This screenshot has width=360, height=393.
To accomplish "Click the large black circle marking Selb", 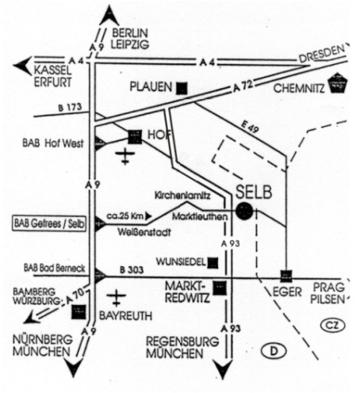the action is [x=244, y=211].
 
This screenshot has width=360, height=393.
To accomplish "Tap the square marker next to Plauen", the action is [x=182, y=88].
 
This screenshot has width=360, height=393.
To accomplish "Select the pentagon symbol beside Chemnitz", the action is [x=338, y=83].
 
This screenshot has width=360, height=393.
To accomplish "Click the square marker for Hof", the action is [x=135, y=137].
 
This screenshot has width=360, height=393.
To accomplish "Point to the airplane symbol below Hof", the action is [x=125, y=156].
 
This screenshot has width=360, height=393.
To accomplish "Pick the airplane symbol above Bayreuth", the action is [x=116, y=297].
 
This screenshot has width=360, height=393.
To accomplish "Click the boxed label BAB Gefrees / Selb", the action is [x=49, y=224].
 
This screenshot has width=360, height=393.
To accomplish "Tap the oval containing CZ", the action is [x=333, y=325].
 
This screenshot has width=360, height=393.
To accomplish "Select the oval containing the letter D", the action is [x=274, y=351].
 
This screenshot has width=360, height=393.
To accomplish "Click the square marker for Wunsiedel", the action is [x=213, y=263].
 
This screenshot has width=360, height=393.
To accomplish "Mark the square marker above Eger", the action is [x=286, y=277].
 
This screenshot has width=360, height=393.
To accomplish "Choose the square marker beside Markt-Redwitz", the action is [x=220, y=288].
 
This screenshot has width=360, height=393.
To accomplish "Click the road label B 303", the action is [x=132, y=270].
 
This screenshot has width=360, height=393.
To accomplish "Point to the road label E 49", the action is [x=250, y=127].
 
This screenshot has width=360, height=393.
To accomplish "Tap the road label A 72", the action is [x=243, y=86].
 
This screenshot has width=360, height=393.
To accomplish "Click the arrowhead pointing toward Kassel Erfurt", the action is [x=22, y=65].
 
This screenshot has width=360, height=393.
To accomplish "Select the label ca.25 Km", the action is [x=127, y=216].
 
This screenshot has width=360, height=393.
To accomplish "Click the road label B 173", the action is [x=70, y=107].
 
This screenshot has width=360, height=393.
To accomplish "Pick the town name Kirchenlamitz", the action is [x=182, y=196].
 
